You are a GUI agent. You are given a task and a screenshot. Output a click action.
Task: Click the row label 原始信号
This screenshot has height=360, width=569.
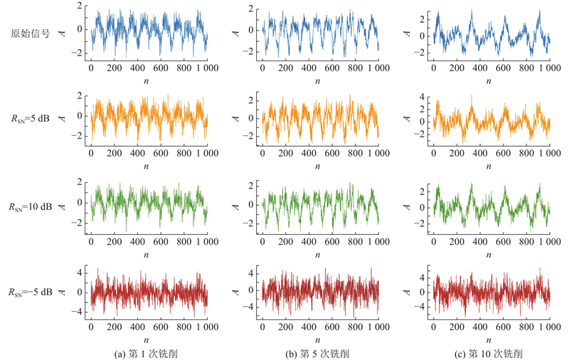[30, 33]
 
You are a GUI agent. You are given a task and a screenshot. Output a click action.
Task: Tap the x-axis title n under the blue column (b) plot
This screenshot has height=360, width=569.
[319, 80]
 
